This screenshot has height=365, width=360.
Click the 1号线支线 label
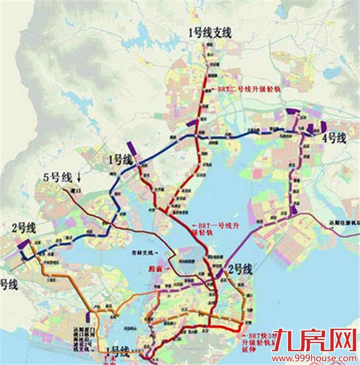click(x=210, y=34)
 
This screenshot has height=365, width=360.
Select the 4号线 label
click(x=333, y=138)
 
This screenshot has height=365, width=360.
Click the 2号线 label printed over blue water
click(x=238, y=269)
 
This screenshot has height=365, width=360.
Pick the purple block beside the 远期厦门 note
click(x=88, y=317)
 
